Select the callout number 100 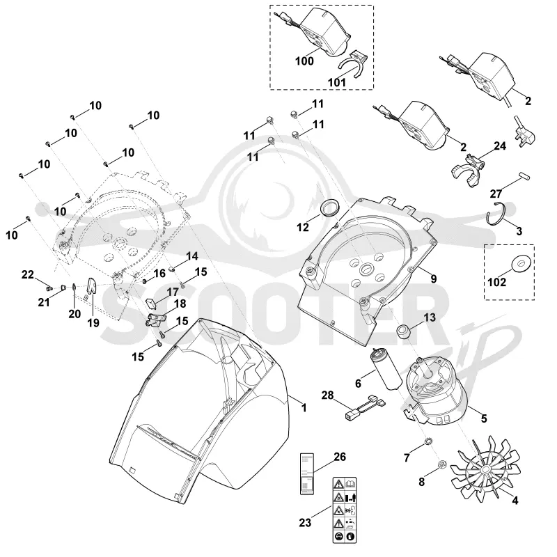pos(304,61)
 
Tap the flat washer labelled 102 pos(521,263)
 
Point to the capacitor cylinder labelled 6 pos(386,369)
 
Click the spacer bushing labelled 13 pos(406,331)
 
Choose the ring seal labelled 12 pos(329,207)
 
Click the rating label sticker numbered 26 pos(307,473)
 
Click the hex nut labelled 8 pos(443,464)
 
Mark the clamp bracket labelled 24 pos(469,171)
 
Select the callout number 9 pos(433,278)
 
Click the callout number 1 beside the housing pos(304,407)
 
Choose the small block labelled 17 pos(151,304)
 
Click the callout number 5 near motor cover pos(484,418)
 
